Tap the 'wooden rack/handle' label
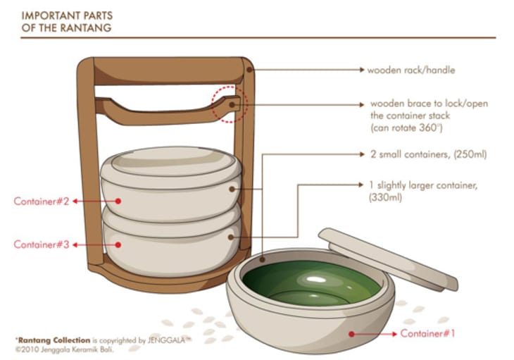point(410,70)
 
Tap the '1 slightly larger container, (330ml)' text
point(422,191)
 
